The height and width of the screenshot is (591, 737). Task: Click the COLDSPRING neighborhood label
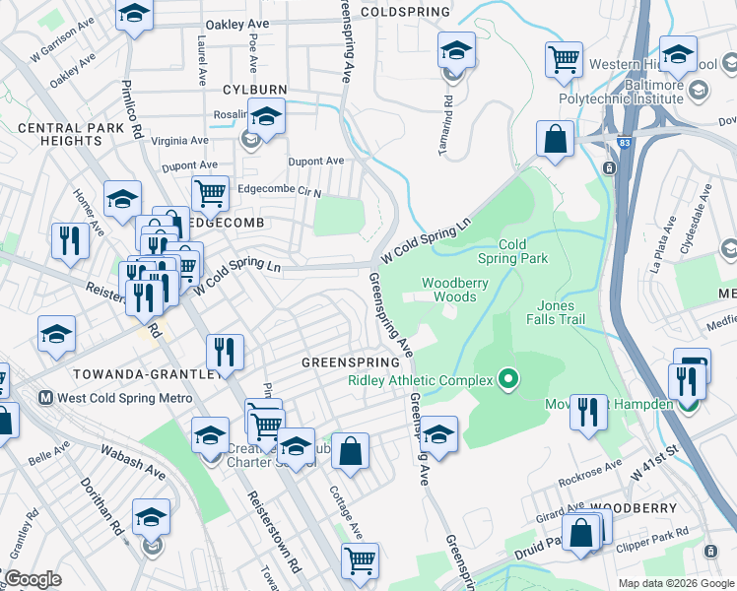tap(405, 12)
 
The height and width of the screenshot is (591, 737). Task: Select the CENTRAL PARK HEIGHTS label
tap(59, 134)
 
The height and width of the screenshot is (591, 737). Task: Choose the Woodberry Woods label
tap(455, 290)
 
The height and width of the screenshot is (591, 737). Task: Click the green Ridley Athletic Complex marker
tap(508, 377)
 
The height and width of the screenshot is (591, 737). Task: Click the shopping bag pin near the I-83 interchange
tap(556, 140)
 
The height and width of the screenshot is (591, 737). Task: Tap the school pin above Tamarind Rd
tap(454, 51)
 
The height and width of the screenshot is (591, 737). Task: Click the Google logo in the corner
tap(33, 579)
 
